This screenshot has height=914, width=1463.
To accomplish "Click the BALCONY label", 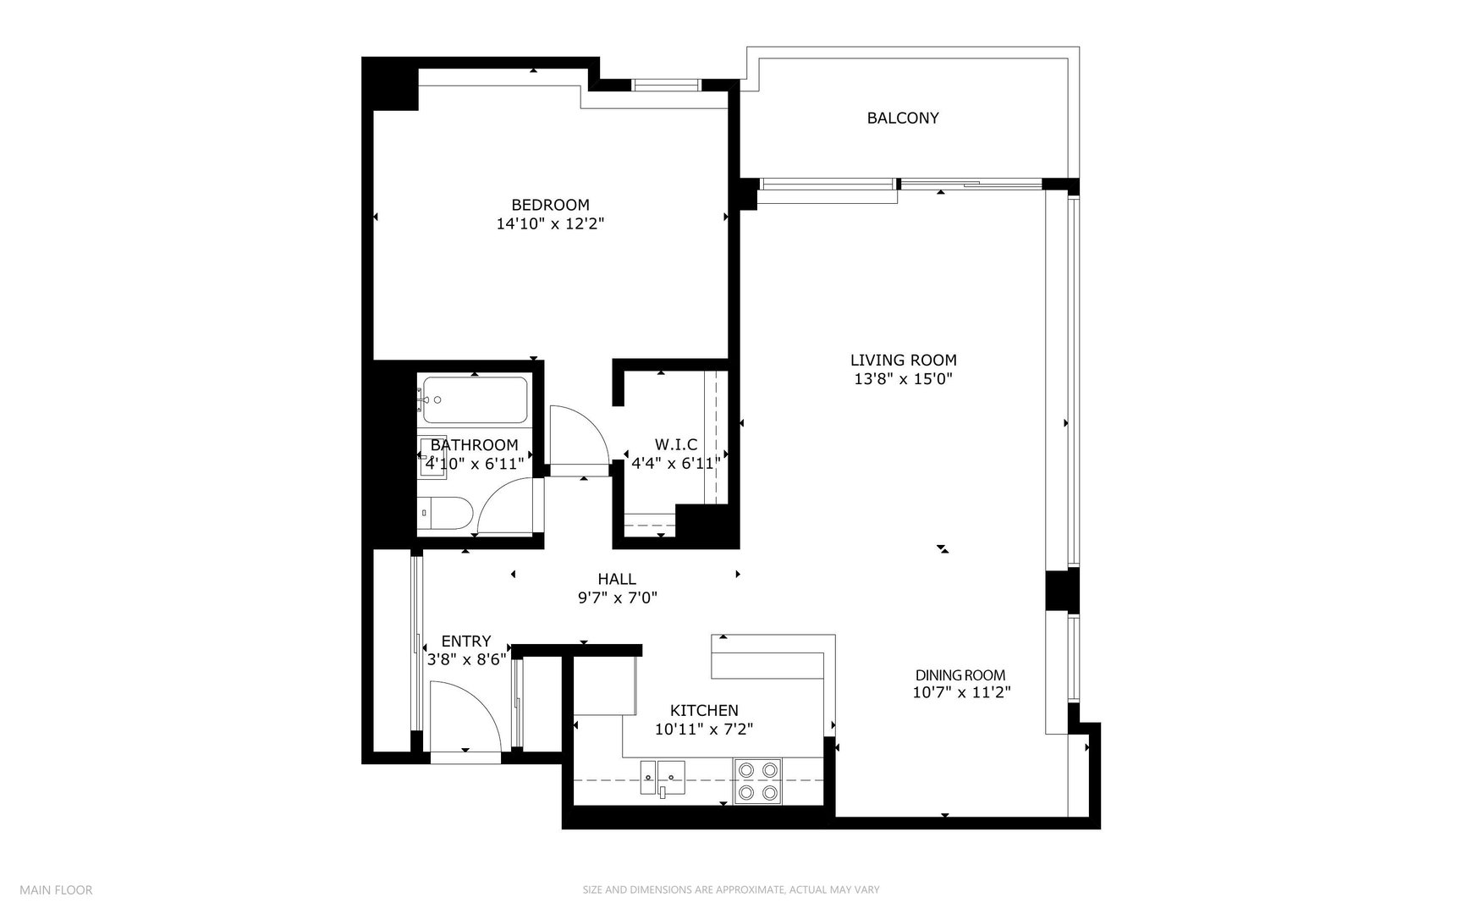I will click(x=902, y=118).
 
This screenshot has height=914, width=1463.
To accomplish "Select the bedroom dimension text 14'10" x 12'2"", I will click(x=550, y=224).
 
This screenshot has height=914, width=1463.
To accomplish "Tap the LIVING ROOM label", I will click(x=903, y=361).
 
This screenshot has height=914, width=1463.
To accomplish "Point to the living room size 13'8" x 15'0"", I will click(x=903, y=379).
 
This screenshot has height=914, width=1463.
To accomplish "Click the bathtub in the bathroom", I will click(x=475, y=400).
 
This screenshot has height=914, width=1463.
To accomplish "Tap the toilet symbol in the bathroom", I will click(x=446, y=513).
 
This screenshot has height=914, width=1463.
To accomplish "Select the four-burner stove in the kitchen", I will click(x=757, y=781).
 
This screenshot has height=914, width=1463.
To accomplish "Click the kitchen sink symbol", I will click(x=663, y=777).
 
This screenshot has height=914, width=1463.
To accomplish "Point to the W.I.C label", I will click(x=675, y=444).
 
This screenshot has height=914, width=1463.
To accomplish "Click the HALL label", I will click(x=617, y=580).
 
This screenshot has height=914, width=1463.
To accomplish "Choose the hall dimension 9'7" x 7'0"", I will click(x=617, y=598).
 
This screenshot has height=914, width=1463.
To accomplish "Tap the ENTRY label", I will click(x=465, y=642).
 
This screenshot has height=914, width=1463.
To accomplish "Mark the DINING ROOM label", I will click(x=960, y=675).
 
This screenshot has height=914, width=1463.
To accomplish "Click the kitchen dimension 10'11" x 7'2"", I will click(x=704, y=729).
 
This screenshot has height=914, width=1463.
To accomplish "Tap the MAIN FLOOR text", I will click(x=56, y=889).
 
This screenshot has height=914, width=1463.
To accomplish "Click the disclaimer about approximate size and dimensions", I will click(x=731, y=889).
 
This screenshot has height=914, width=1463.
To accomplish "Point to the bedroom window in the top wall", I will click(x=667, y=85).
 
